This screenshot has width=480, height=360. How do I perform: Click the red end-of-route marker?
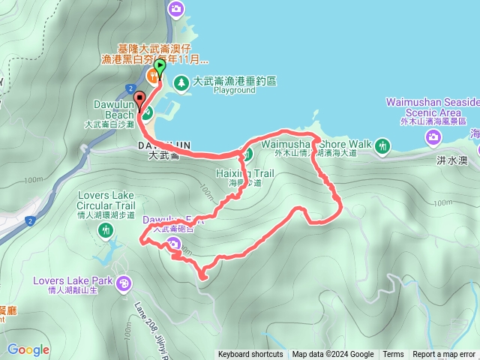pos(139,98)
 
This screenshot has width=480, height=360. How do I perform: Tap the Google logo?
pos(28,349)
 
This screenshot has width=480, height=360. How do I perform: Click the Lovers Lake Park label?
pos(72,282)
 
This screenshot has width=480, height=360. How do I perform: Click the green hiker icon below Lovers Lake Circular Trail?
pos(104,232)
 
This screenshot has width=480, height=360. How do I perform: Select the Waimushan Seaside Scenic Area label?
pos(433,106)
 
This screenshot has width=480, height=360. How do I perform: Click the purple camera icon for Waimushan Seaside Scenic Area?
pos(433,136)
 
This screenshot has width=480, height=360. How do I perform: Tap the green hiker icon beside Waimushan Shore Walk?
pos(384,145)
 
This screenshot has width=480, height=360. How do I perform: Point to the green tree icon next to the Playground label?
pos(181,82)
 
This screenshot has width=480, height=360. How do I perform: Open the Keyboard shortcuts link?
pos(250,355)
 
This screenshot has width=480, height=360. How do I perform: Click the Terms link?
pos(393,355)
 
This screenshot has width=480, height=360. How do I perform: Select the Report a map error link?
pos(444,355)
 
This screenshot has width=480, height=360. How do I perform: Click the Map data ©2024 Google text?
pos(333,355)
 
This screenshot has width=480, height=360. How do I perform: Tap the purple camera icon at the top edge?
pos(176,8)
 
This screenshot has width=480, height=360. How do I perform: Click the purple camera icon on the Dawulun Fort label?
pos(174,243)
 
